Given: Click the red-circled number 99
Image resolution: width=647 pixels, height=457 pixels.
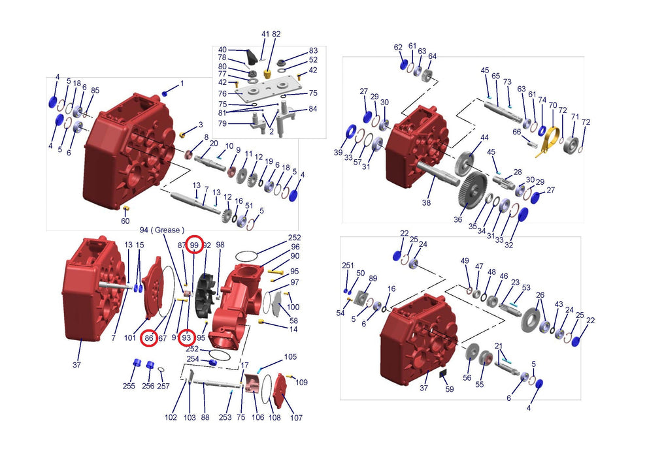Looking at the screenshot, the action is [194, 245].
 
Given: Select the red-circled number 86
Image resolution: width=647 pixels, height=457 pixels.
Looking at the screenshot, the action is [149, 338].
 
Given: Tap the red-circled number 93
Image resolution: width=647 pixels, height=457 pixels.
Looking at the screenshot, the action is [186, 338].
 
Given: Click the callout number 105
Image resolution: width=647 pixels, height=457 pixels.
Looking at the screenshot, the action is [290, 356].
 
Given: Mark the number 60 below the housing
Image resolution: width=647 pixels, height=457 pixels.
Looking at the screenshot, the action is [125, 221].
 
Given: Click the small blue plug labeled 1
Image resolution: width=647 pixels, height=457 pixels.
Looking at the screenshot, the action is [165, 93].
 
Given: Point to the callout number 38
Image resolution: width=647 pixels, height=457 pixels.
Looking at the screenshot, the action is [426, 202].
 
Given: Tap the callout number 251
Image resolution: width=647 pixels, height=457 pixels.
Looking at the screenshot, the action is [348, 265].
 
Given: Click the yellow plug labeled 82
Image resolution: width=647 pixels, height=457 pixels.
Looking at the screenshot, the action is [267, 74].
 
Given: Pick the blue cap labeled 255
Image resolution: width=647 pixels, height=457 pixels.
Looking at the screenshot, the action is [137, 364].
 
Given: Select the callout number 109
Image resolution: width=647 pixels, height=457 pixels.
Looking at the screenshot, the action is [302, 383].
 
